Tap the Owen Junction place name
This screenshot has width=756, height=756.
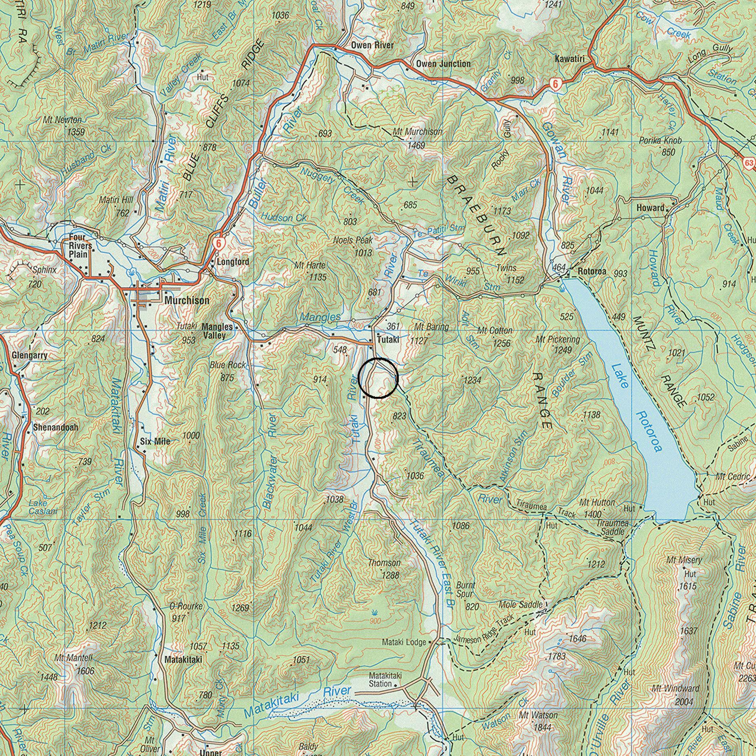(443, 64)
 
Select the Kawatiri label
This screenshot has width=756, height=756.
(569, 59)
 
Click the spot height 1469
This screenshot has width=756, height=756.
(416, 145)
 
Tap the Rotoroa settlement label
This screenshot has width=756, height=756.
(592, 271)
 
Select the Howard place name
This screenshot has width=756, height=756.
(650, 208)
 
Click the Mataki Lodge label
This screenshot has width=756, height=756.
(404, 642)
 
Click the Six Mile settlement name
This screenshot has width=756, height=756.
(155, 442)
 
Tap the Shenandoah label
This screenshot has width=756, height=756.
(56, 427)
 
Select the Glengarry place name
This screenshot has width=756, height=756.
(30, 355)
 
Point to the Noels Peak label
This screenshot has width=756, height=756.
(353, 240)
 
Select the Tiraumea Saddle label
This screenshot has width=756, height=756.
(612, 528)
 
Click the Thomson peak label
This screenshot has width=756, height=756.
(384, 563)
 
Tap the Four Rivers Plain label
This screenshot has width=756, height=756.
(80, 246)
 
